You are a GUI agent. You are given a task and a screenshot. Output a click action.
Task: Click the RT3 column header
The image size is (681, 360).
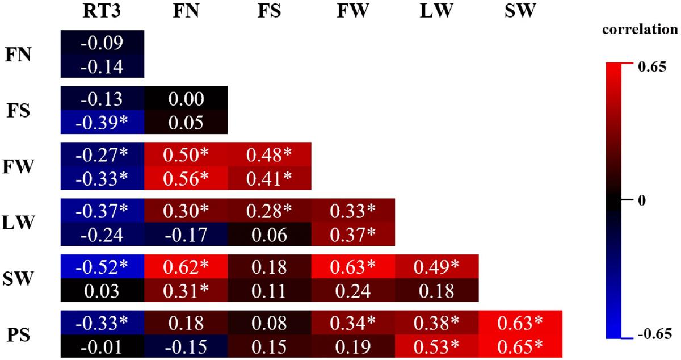[102, 12]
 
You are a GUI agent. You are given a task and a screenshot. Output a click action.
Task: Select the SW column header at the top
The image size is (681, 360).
[519, 12]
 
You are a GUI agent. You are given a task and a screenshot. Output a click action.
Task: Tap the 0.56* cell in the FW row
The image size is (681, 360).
[186, 178]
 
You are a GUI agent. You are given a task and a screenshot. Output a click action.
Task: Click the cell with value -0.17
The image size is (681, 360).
[186, 234]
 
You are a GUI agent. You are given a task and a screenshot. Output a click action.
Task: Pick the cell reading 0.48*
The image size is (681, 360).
[269, 154]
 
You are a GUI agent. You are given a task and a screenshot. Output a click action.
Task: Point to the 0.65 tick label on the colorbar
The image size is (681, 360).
[646, 67]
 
